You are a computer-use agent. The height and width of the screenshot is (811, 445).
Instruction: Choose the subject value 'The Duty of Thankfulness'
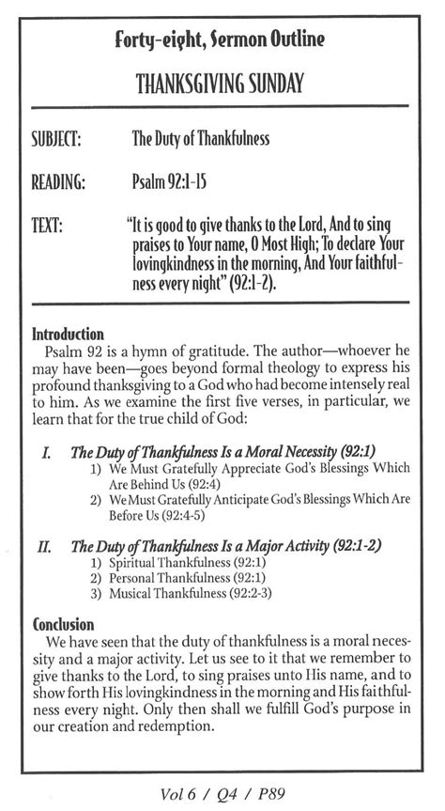pyautogui.click(x=201, y=140)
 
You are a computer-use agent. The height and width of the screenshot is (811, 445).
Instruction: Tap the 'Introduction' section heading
pyautogui.click(x=69, y=334)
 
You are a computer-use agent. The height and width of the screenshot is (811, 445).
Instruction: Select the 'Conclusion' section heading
pyautogui.click(x=64, y=624)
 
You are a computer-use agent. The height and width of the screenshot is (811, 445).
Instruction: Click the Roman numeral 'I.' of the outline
pyautogui.click(x=47, y=452)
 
